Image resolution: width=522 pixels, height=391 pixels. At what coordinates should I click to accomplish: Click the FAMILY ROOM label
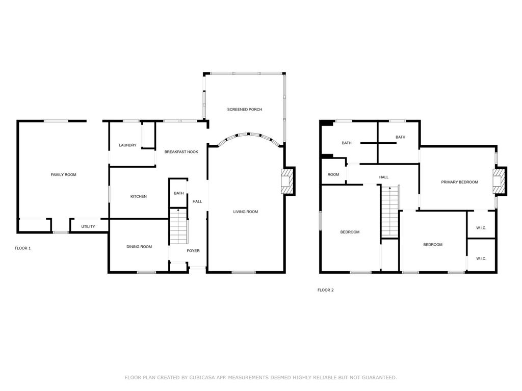pos(63,174)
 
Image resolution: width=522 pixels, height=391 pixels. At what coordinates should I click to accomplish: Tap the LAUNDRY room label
pos(127,145)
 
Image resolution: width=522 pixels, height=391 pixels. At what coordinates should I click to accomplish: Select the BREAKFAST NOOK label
pos(181,152)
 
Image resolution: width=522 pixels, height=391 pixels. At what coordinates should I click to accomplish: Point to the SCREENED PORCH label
pos(244,109)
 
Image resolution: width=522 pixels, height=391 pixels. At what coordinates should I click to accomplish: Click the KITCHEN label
pos(139,196)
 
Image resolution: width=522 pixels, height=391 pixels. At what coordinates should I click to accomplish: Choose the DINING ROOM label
pos(139,247)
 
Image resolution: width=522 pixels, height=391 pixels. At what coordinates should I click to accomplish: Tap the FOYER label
pos(193,251)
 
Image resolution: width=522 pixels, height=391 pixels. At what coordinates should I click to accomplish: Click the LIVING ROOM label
pos(245,212)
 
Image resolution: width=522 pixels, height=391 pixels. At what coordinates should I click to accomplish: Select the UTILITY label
pos(88,226)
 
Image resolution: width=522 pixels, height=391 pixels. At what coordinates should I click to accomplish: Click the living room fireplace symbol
pos(288,181)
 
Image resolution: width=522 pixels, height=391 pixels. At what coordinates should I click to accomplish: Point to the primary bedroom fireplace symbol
pos(500,180)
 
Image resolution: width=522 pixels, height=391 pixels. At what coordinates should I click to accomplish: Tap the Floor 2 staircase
pos(390,211)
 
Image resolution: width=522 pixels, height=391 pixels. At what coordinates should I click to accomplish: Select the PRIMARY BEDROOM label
pos(459,182)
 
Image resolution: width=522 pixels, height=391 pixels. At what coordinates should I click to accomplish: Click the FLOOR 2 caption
pos(326,290)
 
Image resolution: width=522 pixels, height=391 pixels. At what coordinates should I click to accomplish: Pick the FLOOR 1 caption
pos(22,248)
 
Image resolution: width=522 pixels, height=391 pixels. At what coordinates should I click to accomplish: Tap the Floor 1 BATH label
pos(179,193)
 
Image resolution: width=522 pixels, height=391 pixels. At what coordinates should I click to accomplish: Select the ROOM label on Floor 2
pos(333,174)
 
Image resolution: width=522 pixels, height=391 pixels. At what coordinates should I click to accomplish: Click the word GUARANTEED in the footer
pos(379,377)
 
